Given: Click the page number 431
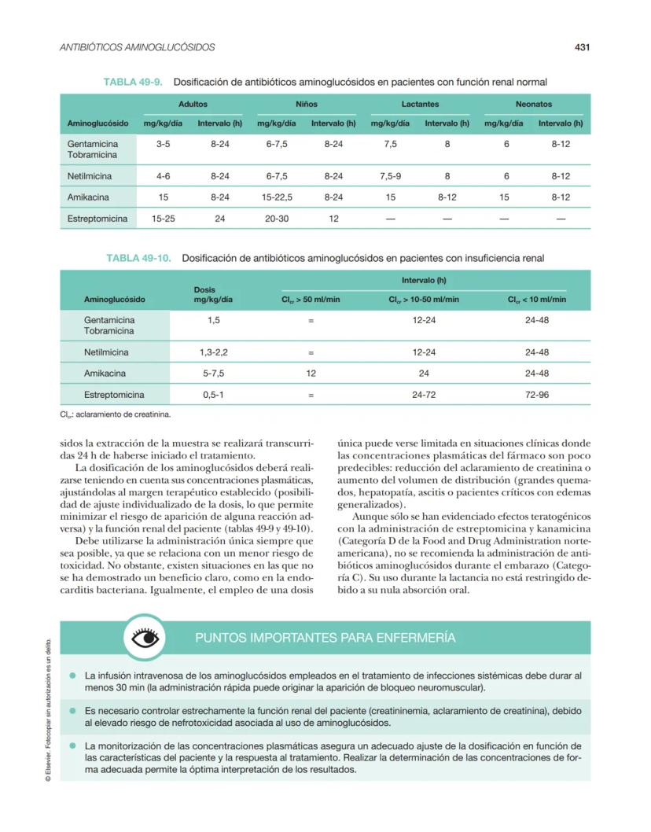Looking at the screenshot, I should point(582,48).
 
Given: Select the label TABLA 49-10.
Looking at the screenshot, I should point(138,258).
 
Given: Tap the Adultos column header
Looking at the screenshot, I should point(193,104).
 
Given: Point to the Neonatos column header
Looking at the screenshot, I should point(533,104).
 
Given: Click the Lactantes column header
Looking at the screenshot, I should point(420,104).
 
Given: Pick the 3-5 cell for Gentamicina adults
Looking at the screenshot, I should point(163,145).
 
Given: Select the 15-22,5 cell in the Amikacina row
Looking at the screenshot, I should point(277,197).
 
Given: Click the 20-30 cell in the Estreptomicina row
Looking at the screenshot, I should point(277,218).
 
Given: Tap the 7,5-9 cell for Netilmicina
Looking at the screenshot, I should point(390,176).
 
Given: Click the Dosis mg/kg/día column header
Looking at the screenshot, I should point(212,294).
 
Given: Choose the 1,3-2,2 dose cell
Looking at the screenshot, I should point(212,352).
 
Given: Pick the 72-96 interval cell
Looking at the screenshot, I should point(536,395).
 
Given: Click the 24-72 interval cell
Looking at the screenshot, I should point(424,395).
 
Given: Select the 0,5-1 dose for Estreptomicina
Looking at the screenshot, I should point(212,395).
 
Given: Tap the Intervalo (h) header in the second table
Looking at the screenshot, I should point(424,280).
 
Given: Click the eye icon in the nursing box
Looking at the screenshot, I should point(145,638).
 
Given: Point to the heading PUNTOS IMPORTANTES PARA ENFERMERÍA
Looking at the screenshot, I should point(325,638).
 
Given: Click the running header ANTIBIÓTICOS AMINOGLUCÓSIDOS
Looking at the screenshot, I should point(138,48).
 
